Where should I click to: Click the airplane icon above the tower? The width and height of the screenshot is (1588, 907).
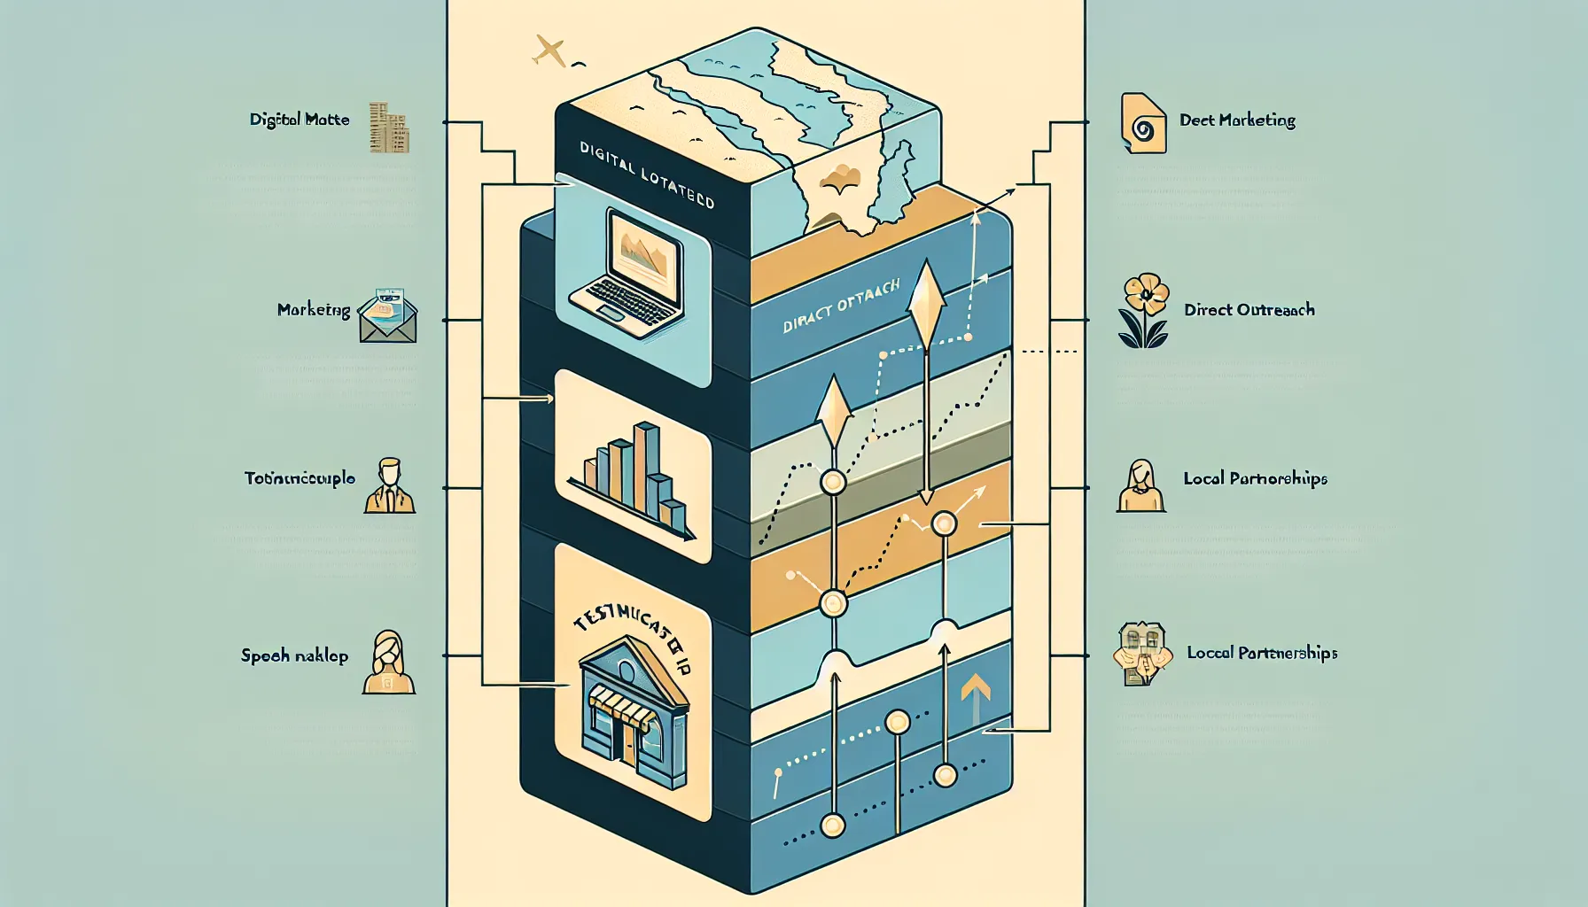549,51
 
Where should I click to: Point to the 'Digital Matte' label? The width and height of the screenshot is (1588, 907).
300,120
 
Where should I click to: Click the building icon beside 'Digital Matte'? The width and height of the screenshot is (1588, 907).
389,128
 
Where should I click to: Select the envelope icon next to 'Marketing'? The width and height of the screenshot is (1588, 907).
388,316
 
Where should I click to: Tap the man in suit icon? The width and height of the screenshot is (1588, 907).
390,486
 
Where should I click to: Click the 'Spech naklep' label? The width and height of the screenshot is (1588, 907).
294,656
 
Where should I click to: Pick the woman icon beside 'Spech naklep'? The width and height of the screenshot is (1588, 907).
388,663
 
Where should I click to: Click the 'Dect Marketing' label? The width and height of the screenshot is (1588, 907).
1237,120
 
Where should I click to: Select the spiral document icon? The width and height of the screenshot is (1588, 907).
1142,123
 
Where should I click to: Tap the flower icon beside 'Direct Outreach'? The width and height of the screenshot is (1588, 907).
1144,310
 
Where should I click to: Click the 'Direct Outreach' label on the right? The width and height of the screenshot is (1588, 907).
1249,310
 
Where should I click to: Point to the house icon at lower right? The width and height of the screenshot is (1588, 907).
1141,654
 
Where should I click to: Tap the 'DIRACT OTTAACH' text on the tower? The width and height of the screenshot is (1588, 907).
841,306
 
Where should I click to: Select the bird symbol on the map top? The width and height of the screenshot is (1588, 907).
841,181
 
